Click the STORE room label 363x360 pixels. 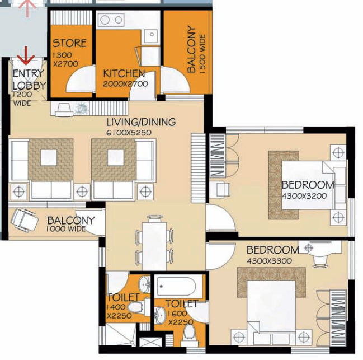(x=70, y=43)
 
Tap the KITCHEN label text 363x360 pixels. (x=124, y=74)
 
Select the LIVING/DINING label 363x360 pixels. (x=141, y=122)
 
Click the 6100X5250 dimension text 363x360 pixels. (x=129, y=133)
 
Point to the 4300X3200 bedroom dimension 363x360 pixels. (x=304, y=196)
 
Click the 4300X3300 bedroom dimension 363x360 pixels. (x=269, y=261)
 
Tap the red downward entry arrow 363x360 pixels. (x=26, y=55)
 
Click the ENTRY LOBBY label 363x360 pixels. (x=29, y=80)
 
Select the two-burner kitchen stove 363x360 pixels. (x=111, y=20)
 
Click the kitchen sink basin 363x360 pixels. (x=152, y=35)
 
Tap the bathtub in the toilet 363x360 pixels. (x=176, y=287)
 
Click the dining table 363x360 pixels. (x=154, y=246)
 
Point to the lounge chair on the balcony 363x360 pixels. (x=24, y=220)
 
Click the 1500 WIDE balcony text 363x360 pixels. (x=202, y=54)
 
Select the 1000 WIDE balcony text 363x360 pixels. (x=66, y=229)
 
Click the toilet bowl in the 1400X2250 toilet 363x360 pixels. (x=136, y=307)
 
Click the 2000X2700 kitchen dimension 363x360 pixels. (x=125, y=84)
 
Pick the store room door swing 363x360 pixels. (x=80, y=80)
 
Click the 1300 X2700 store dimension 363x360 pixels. (x=65, y=59)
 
